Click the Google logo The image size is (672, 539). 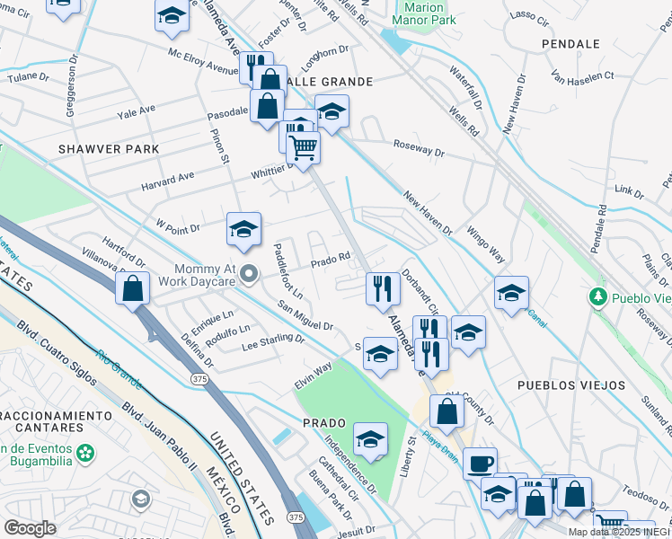(31, 528)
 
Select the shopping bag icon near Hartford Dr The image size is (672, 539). (133, 289)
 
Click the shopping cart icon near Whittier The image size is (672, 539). (304, 146)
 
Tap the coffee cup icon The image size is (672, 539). (480, 462)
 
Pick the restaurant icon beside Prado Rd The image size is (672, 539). (383, 288)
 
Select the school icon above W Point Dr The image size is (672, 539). (243, 229)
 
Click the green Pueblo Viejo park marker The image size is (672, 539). (597, 296)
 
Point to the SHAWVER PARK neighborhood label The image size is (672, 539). (109, 149)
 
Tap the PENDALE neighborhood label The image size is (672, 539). (570, 43)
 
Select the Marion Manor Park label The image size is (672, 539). (424, 13)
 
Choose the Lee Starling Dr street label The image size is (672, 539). (273, 340)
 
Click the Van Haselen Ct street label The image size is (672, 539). (582, 76)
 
